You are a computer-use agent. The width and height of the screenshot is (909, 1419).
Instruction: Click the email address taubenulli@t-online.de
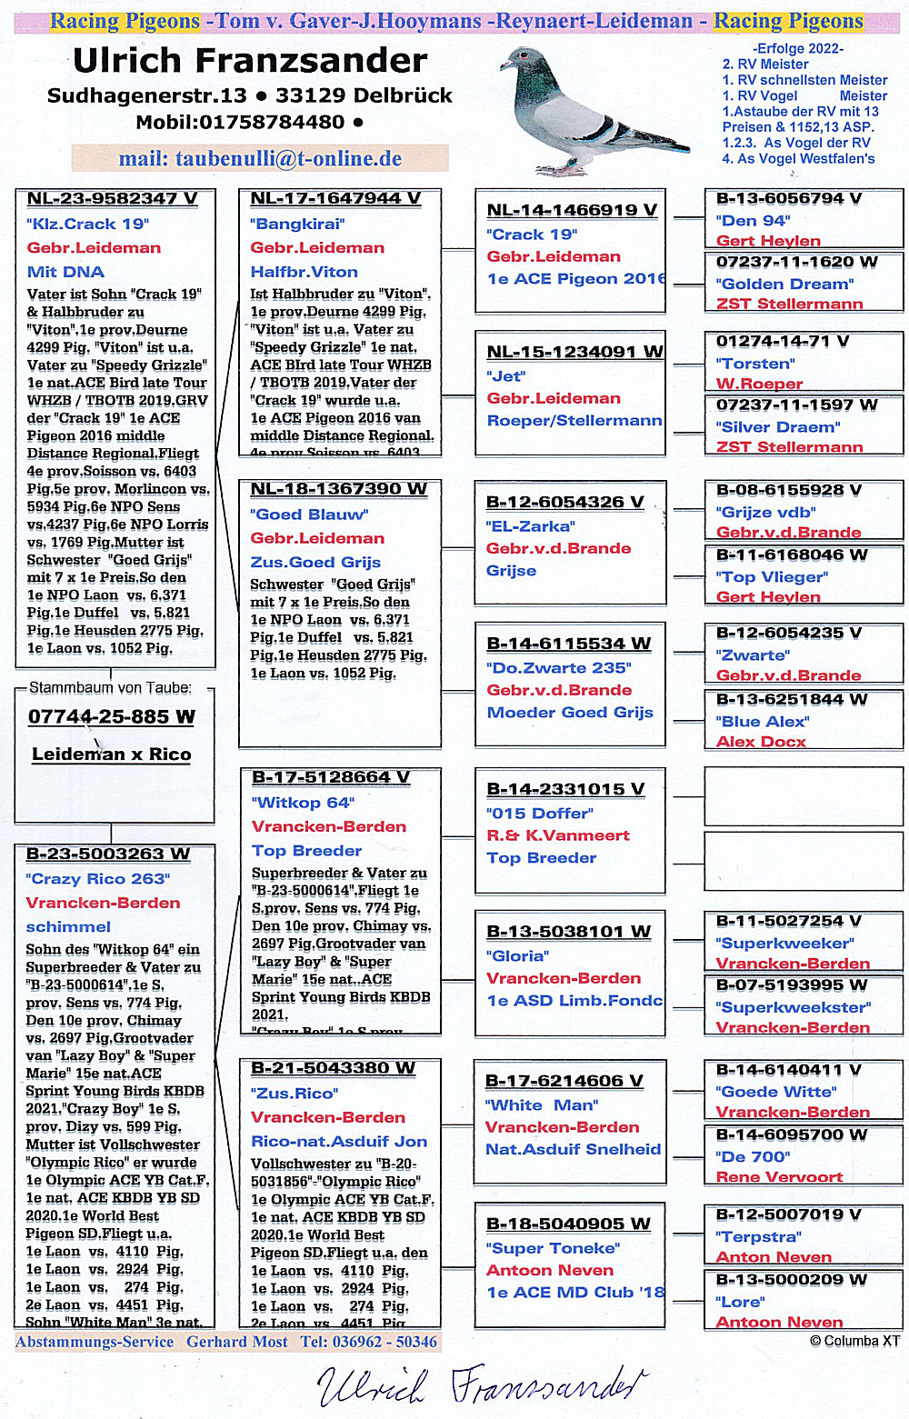pyautogui.click(x=260, y=159)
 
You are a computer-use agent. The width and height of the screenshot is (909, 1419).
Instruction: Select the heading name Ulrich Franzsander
pyautogui.click(x=250, y=61)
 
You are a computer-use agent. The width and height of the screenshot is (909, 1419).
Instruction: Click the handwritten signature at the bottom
pyautogui.click(x=477, y=1385)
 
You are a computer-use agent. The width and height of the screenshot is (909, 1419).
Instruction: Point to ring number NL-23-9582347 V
pyautogui.click(x=112, y=199)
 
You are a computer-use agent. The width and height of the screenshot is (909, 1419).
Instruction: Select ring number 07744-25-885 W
pyautogui.click(x=111, y=717)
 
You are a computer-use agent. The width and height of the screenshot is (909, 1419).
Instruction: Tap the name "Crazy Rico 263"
pyautogui.click(x=97, y=879)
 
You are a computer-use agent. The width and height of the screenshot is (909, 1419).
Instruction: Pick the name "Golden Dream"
pyautogui.click(x=784, y=284)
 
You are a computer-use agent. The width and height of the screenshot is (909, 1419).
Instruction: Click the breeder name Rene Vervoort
pyautogui.click(x=779, y=1177)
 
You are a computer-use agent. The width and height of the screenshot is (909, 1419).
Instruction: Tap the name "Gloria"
pyautogui.click(x=517, y=956)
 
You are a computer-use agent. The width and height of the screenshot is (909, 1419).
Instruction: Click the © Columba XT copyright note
pyautogui.click(x=854, y=1341)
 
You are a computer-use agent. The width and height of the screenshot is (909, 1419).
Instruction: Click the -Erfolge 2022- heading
pyautogui.click(x=797, y=49)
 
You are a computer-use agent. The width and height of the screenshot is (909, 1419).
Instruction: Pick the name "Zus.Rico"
pyautogui.click(x=295, y=1094)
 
